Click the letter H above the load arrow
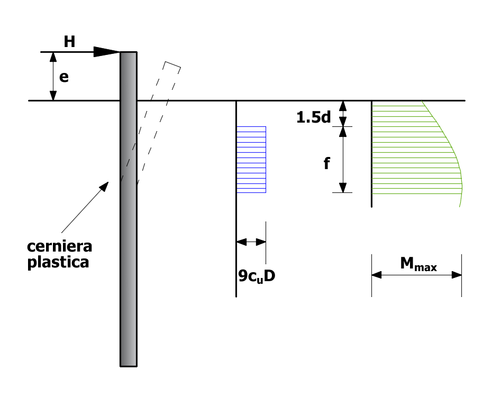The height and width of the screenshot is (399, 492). [69, 42]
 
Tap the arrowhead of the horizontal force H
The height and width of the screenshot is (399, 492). [107, 52]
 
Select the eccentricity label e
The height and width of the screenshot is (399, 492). [63, 77]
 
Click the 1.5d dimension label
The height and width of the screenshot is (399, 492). [314, 117]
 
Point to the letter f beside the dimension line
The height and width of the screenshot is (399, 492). [326, 163]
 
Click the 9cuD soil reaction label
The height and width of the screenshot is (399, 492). [257, 276]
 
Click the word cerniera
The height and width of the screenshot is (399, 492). [59, 246]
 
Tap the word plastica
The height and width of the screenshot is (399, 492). [58, 262]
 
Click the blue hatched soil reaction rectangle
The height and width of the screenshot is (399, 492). [251, 160]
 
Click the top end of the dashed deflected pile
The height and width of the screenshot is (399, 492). [172, 64]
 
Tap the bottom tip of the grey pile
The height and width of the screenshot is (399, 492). [129, 366]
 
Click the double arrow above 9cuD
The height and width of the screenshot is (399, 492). [251, 242]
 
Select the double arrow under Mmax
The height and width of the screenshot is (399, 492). [417, 275]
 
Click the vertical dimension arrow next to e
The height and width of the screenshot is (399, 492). [53, 76]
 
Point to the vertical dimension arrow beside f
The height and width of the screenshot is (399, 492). [343, 160]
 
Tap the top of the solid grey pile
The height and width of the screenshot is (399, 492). [129, 52]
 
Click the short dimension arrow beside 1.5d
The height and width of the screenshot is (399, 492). [343, 114]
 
